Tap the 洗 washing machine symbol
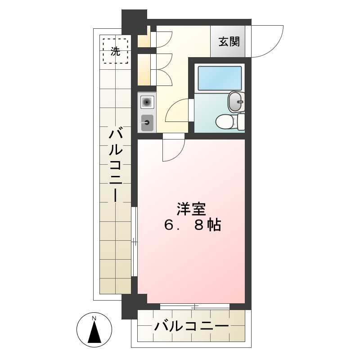[115, 51]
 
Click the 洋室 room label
[192, 209]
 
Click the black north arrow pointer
[94, 333]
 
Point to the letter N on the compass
[94, 319]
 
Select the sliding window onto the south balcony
[195, 306]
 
